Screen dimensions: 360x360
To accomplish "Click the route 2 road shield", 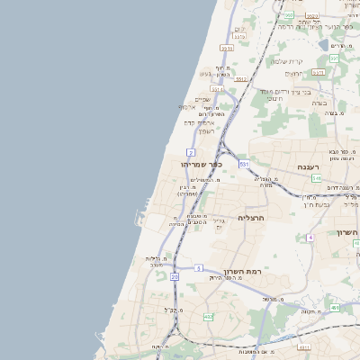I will click(192, 153).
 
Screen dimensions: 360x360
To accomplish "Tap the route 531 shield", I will click(244, 165).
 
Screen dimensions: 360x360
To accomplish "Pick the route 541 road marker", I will click(318, 180).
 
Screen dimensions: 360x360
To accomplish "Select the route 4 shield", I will click(310, 237).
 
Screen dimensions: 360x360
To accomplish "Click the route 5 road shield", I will click(199, 268).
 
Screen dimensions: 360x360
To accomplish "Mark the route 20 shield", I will click(174, 277).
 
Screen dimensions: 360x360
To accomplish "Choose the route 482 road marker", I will click(209, 317).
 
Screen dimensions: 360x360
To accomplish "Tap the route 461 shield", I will click(335, 308).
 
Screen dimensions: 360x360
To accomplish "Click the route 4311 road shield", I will click(303, 346).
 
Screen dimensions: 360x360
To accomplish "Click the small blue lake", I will click(323, 43).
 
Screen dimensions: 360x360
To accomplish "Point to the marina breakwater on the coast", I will click(142, 216).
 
